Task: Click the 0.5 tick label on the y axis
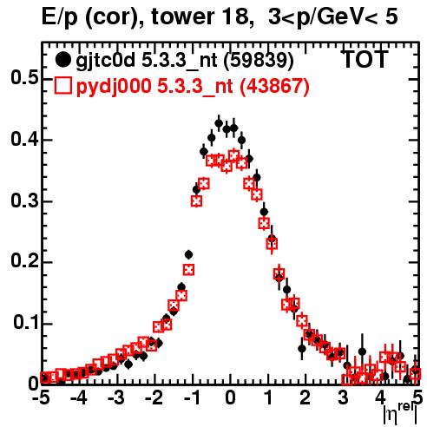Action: [24, 78]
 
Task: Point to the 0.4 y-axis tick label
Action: [24, 139]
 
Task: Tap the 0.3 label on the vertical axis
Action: [24, 200]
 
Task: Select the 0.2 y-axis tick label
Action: [24, 261]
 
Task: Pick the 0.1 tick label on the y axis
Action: [26, 322]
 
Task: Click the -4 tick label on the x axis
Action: [78, 398]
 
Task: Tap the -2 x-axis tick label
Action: [154, 398]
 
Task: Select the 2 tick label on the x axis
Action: [305, 398]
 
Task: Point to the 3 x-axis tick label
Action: [343, 398]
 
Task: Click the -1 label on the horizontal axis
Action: [191, 398]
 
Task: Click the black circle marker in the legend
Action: [62, 60]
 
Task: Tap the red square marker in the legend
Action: [62, 85]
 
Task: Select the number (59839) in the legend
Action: [259, 61]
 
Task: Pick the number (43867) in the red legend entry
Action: [275, 86]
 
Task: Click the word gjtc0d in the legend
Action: [105, 61]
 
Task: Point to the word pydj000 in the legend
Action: [114, 87]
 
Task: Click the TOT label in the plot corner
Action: [365, 60]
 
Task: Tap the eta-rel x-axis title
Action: [400, 414]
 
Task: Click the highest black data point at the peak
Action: [219, 123]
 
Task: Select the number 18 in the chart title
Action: [237, 16]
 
